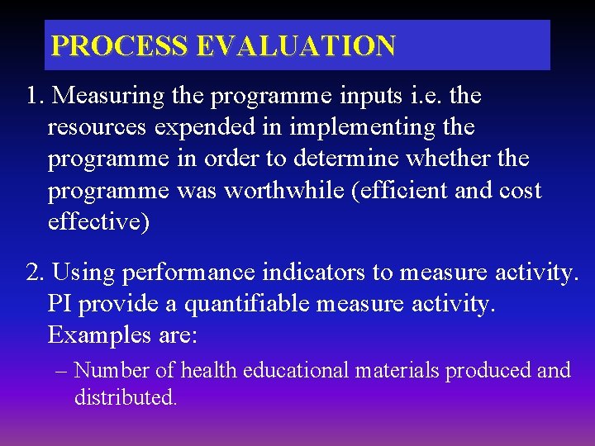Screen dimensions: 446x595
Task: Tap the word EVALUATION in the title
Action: [x=295, y=45]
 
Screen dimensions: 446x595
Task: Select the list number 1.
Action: [x=34, y=96]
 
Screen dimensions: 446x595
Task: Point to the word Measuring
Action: [x=106, y=96]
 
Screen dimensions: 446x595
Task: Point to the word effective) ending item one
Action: [x=99, y=222]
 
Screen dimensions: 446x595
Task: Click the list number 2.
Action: [x=35, y=273]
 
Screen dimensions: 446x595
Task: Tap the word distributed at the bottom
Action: [x=124, y=397]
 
